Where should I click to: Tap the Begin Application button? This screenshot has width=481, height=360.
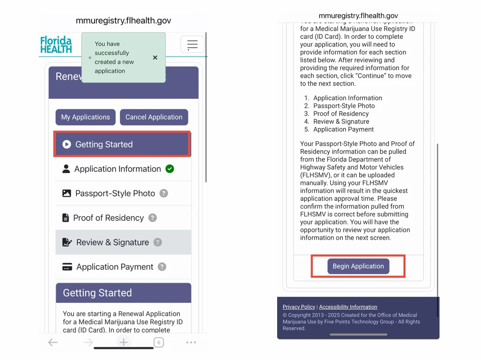click(358, 266)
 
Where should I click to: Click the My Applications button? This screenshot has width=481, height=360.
click(86, 117)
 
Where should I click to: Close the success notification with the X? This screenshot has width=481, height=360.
click(155, 57)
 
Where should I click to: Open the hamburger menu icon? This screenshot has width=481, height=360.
click(192, 45)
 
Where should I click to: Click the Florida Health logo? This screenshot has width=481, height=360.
click(56, 45)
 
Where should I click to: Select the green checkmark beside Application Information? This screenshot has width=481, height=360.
click(169, 169)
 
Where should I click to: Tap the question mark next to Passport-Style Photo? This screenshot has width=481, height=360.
click(164, 193)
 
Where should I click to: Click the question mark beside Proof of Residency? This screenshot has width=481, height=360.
click(152, 218)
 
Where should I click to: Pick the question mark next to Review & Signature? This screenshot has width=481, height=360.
click(158, 242)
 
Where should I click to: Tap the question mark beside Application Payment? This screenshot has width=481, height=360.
click(162, 267)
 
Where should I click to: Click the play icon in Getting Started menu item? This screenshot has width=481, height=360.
click(67, 144)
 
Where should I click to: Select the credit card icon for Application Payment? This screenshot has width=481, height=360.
click(67, 267)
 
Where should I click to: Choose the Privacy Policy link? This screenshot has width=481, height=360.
click(299, 307)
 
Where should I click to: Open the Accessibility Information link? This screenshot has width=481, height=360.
click(348, 307)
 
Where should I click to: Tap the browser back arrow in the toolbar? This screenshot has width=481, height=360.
click(53, 342)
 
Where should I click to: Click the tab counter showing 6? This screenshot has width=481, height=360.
click(158, 342)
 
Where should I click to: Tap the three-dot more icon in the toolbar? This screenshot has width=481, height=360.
click(191, 342)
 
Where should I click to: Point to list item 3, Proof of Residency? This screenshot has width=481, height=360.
click(341, 114)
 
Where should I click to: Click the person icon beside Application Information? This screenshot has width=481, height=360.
click(66, 169)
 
